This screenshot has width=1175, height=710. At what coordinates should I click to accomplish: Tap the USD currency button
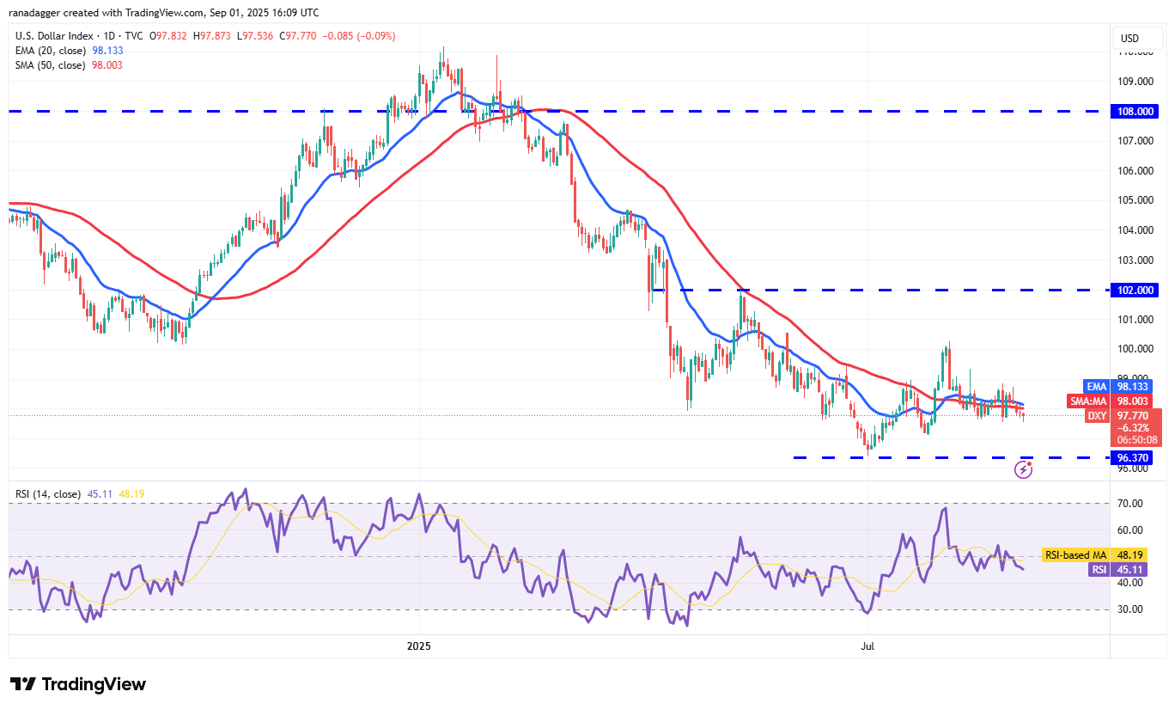[x=1130, y=39]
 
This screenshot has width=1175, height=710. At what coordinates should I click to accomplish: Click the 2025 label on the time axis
[x=419, y=645]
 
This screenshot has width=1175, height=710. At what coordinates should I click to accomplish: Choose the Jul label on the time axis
[x=868, y=645]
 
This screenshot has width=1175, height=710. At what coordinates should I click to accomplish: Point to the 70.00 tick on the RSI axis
[x=1130, y=503]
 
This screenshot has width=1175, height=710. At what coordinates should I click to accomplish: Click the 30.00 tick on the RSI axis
[x=1130, y=609]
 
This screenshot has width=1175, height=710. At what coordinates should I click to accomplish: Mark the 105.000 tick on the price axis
[x=1135, y=200]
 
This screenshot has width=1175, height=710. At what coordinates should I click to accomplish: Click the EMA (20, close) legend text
[x=51, y=50]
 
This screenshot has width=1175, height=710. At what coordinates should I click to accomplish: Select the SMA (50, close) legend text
[x=51, y=65]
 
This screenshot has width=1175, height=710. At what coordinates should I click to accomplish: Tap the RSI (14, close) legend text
[x=48, y=494]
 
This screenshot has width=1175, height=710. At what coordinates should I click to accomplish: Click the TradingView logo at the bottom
[x=78, y=684]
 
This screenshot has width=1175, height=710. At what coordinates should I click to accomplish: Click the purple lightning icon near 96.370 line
[x=1023, y=469]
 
